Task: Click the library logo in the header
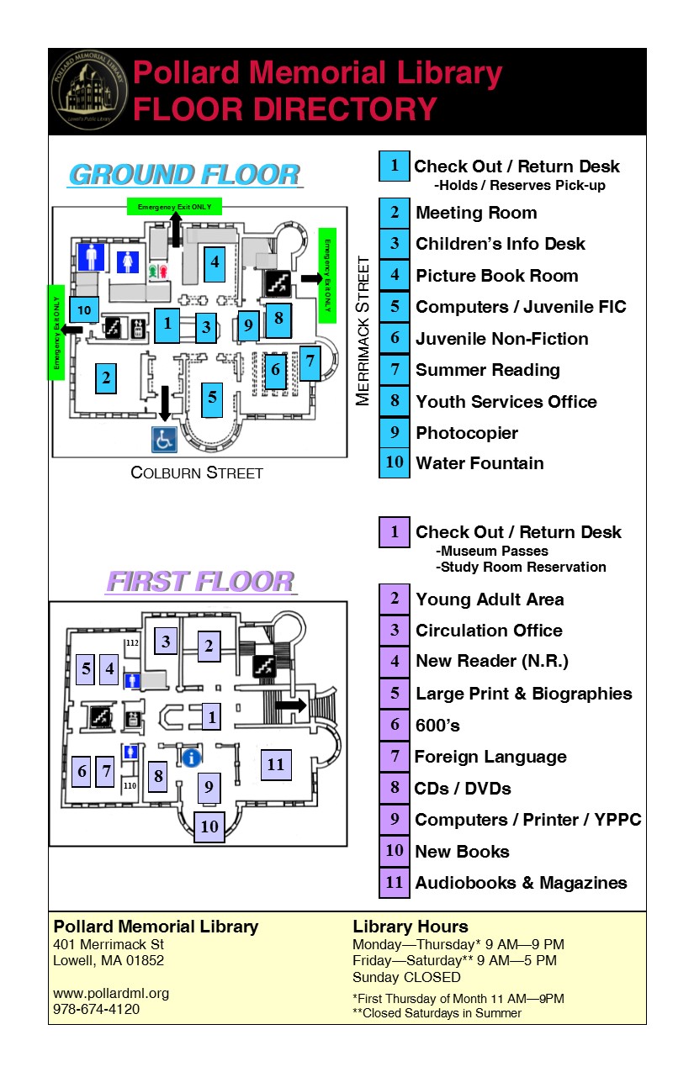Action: tap(89, 92)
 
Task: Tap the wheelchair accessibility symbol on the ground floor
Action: tap(163, 439)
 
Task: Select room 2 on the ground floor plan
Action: tap(106, 378)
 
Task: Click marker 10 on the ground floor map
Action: tap(84, 310)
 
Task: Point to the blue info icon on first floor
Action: tap(191, 758)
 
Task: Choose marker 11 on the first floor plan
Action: tap(276, 764)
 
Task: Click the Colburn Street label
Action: tap(197, 473)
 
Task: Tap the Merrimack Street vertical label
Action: tap(363, 331)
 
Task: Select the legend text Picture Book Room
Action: tap(496, 276)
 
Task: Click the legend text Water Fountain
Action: tap(479, 463)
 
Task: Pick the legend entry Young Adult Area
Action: tap(490, 599)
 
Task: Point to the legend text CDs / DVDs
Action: tap(463, 789)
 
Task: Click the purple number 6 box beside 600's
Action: tap(395, 725)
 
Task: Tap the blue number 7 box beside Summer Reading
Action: tap(395, 370)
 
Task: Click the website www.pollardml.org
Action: tap(111, 993)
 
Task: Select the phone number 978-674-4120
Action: tap(97, 1009)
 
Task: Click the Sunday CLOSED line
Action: tap(406, 977)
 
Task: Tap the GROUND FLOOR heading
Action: tap(184, 175)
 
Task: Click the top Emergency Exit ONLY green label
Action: tap(175, 206)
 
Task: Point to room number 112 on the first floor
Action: tap(131, 643)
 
